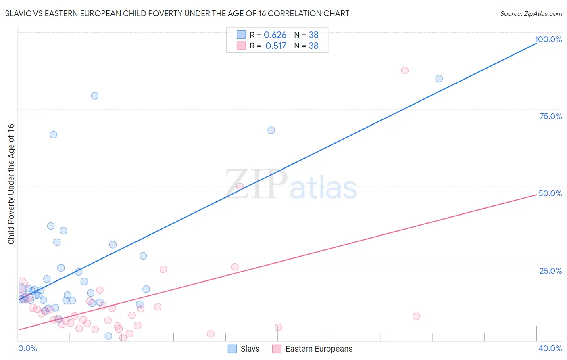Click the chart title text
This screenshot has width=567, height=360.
(177, 13)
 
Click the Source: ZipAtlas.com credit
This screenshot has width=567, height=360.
(531, 13)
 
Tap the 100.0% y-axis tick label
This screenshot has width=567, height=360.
(548, 39)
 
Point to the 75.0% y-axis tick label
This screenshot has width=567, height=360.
(550, 116)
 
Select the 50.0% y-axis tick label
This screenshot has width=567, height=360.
(550, 193)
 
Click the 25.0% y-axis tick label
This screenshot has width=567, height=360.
(550, 271)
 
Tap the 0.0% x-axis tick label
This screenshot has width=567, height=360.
(27, 348)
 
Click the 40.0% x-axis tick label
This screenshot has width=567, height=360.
(550, 348)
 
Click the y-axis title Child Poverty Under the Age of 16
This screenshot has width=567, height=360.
(11, 184)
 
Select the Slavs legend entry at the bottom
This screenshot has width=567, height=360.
(244, 349)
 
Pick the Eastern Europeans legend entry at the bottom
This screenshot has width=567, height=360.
(313, 349)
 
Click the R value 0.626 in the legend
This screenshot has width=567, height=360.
(275, 35)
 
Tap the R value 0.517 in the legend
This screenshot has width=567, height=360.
(275, 46)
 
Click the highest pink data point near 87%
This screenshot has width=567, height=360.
(404, 71)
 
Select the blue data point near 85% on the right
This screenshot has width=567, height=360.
(439, 79)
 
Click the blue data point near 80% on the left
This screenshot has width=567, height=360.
(95, 96)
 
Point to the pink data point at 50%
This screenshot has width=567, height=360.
(240, 186)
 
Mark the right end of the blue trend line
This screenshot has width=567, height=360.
(536, 42)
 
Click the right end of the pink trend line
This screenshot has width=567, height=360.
(536, 195)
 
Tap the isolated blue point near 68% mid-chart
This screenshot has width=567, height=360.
(271, 130)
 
